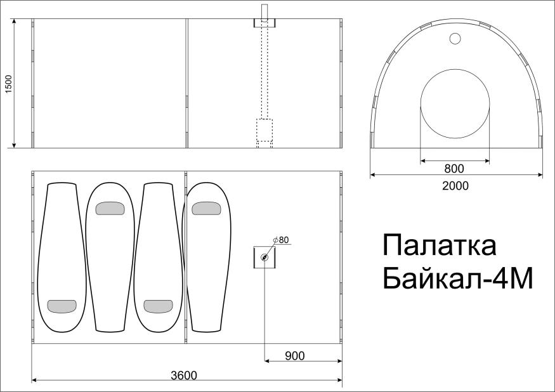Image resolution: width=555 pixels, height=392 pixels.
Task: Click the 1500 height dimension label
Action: point(8,84)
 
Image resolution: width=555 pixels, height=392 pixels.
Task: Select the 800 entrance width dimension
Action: point(454,169)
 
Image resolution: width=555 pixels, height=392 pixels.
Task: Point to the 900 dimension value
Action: point(295,356)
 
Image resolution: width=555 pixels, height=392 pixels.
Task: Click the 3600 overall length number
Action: point(184,375)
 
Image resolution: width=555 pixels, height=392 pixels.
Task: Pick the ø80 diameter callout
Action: point(280,240)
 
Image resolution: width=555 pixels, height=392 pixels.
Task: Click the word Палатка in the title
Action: point(440,245)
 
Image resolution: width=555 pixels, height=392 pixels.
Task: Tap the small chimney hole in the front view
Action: point(455,39)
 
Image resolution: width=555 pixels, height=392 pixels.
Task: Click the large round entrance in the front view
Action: point(455,105)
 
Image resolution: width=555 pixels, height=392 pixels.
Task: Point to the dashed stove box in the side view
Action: point(264,129)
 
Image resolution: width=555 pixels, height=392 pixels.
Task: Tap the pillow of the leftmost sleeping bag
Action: point(62,306)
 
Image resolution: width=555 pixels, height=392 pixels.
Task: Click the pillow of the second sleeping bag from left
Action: point(110,208)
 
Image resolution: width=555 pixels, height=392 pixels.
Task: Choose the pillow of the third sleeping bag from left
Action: point(159,306)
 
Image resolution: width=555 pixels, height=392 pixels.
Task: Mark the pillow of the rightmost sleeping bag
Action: point(206,208)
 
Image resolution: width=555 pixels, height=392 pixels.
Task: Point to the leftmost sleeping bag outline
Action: point(61,254)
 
